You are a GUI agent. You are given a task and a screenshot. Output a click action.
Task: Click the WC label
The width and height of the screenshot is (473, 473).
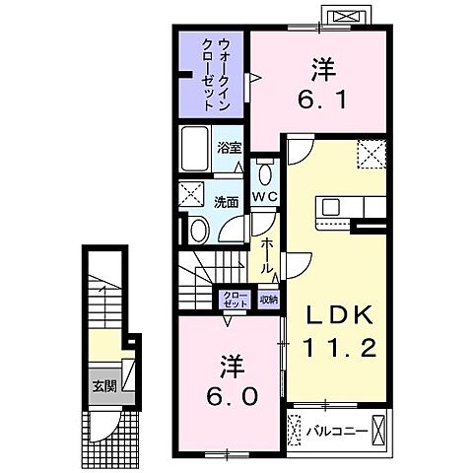point(261,197)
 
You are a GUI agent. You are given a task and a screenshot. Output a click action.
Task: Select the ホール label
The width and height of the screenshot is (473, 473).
point(266,254)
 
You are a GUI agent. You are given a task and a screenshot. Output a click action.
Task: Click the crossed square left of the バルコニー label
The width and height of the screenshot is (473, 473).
point(295,431)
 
